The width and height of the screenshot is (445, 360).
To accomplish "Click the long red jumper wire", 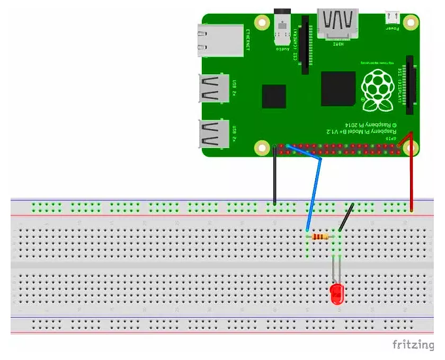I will click(411, 175).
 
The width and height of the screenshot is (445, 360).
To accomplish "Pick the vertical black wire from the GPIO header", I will click(274, 175).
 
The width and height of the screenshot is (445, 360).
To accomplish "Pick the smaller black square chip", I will click(274, 96).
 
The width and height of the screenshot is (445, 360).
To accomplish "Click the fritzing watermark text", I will click(412, 345).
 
